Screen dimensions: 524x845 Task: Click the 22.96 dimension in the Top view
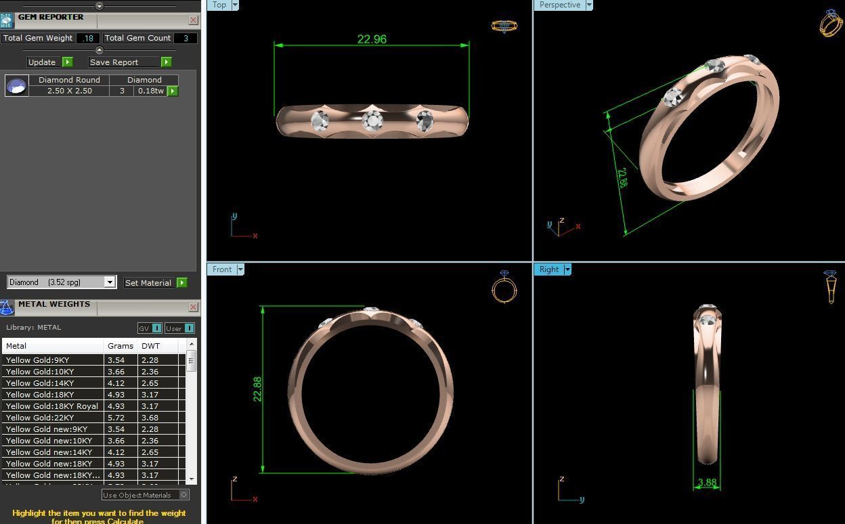[x=372, y=39]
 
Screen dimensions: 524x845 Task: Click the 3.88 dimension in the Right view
[x=707, y=483]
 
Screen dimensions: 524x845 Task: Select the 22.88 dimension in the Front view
[x=257, y=389]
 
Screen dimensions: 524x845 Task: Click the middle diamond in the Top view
[x=372, y=121]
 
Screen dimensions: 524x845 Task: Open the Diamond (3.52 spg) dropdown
[x=110, y=282]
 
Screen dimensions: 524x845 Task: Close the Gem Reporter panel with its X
[x=194, y=20]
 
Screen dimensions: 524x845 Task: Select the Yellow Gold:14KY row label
[x=40, y=383]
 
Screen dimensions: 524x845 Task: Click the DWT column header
[x=150, y=346]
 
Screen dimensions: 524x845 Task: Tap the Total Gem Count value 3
[x=186, y=39]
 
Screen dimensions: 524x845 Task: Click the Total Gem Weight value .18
[x=88, y=39]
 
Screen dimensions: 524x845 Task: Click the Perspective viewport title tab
[x=559, y=5]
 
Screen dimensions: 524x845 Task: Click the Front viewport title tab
[x=221, y=269]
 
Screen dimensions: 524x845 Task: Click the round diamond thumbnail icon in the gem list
[x=17, y=85]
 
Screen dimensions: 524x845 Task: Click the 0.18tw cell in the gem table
[x=150, y=91]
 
